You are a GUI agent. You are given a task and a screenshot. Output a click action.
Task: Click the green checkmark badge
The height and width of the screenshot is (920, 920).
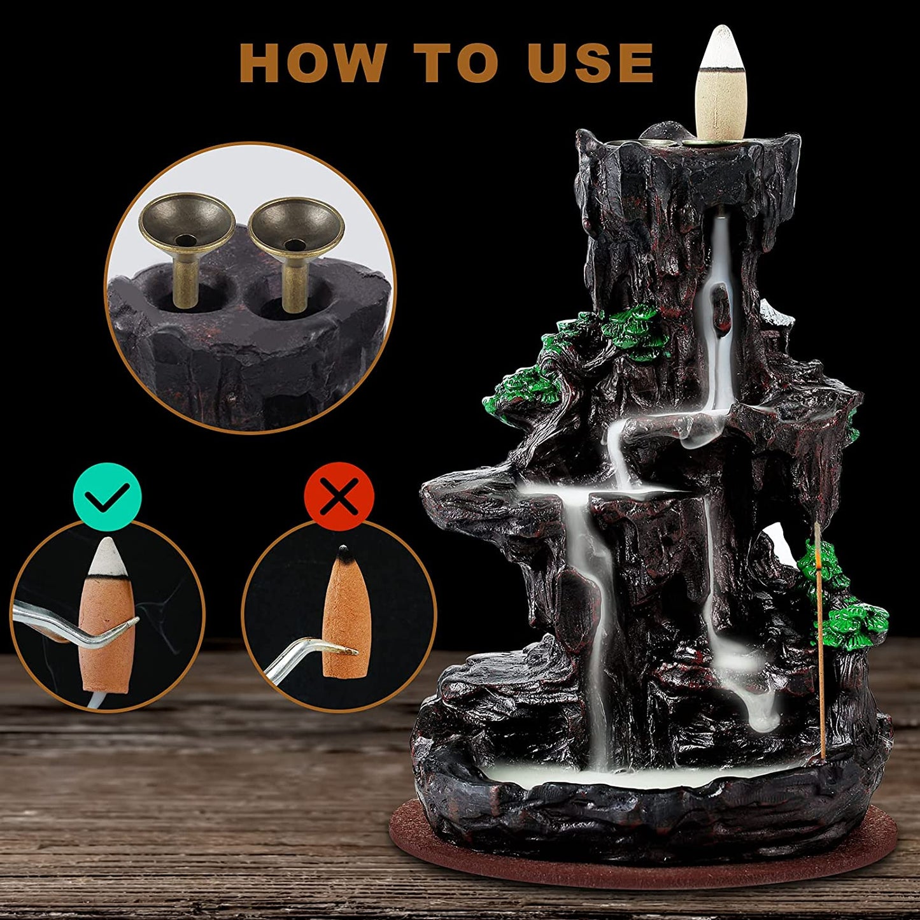[x=107, y=497]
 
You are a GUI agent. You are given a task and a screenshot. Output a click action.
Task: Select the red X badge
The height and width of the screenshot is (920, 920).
[x=339, y=497]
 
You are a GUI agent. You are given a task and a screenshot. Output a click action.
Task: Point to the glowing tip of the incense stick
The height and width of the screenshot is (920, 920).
[x=816, y=560]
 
